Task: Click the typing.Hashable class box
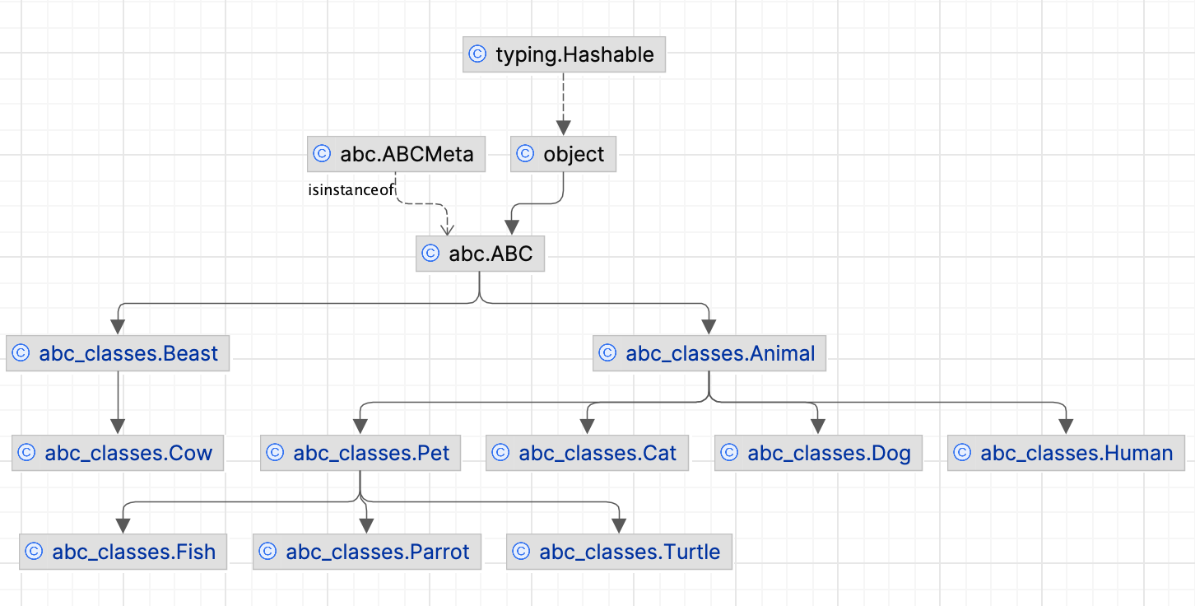tap(564, 55)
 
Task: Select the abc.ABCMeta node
tap(396, 155)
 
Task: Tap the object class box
tap(563, 155)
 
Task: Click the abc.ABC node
tap(480, 254)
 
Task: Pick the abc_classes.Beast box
tap(118, 353)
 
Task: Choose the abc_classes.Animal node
tap(709, 353)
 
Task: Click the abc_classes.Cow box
tap(118, 453)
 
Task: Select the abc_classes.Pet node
tap(360, 453)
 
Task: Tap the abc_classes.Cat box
tap(586, 453)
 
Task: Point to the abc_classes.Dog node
tap(817, 453)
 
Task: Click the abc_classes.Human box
tap(1066, 453)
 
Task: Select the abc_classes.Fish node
tap(123, 552)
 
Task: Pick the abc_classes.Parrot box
tap(366, 552)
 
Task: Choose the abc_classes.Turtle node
tap(618, 552)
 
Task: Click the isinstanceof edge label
tap(351, 190)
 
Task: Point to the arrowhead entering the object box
tap(563, 128)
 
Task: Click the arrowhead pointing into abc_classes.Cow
tap(118, 427)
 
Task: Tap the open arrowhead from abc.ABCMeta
tap(447, 227)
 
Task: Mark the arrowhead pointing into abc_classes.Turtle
tap(618, 526)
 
